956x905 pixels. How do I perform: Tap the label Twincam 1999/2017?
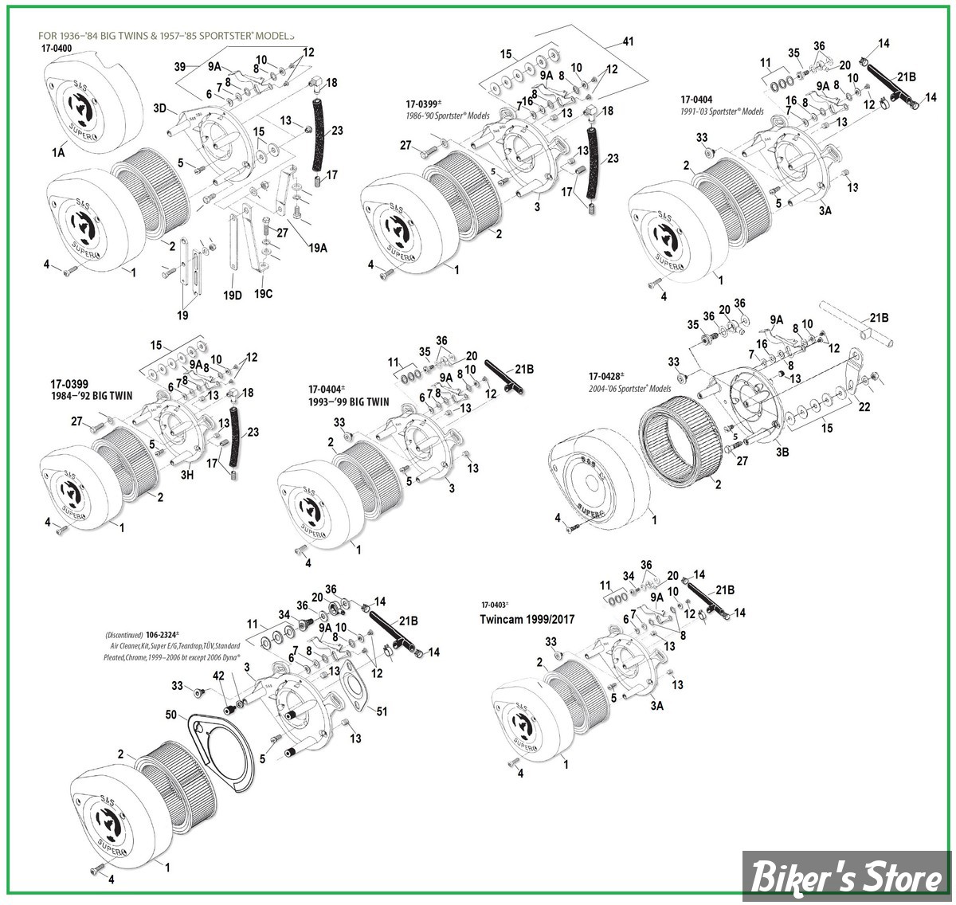pos(527,618)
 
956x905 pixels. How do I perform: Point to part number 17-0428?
pos(606,376)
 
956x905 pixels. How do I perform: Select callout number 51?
pos(382,711)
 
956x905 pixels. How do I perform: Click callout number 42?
pos(218,676)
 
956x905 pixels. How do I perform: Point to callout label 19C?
pos(263,293)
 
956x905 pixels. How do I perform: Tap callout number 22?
pos(864,406)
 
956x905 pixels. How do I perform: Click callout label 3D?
pos(159,108)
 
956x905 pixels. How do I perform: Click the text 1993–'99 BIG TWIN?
pos(349,402)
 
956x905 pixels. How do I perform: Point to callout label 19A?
pos(318,247)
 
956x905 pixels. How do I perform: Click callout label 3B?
pos(782,452)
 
